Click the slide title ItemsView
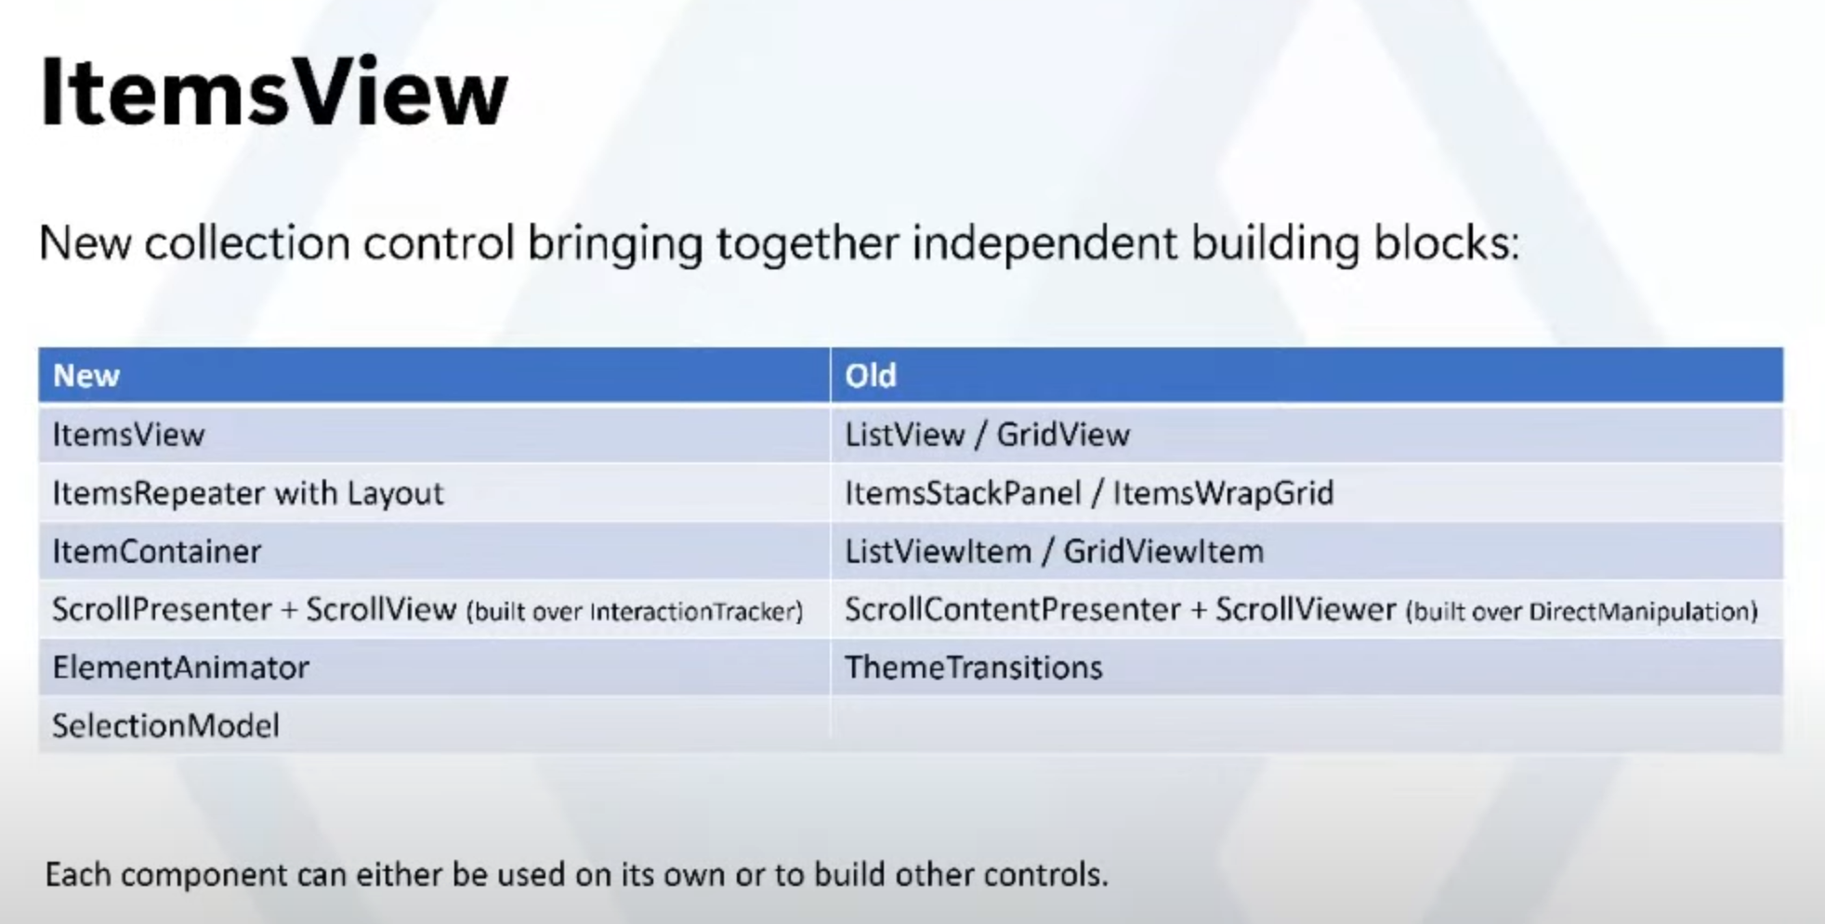click(x=273, y=93)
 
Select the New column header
click(x=86, y=375)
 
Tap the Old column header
click(x=871, y=375)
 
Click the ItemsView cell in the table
click(x=128, y=435)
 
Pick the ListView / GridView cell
click(x=987, y=435)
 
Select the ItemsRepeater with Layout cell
click(x=248, y=493)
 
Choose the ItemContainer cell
click(x=157, y=552)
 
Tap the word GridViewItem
click(x=1163, y=552)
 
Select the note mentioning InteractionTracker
click(x=635, y=612)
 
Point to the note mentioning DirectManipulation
click(x=1582, y=612)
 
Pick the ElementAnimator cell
click(x=181, y=668)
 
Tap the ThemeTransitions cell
click(x=973, y=668)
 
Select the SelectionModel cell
click(x=165, y=726)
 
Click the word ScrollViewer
click(x=1306, y=610)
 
